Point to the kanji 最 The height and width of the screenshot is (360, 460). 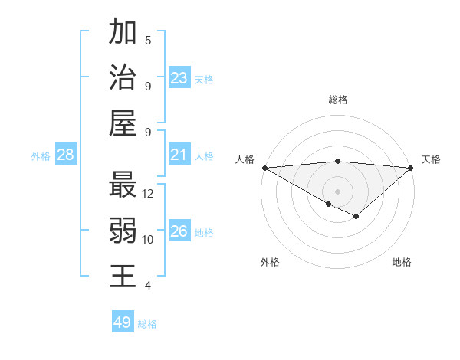123,185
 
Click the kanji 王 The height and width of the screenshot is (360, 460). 123,276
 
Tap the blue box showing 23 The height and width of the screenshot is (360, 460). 179,78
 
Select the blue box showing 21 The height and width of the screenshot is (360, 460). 179,155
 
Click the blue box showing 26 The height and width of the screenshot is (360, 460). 179,232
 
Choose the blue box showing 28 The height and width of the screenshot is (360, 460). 66,155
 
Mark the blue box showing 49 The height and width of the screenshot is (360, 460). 123,322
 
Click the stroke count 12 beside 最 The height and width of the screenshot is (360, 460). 148,194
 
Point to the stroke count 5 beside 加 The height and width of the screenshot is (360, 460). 148,41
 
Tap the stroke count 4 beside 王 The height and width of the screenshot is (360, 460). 148,286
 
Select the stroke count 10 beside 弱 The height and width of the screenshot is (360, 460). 148,240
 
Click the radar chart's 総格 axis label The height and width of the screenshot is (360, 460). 337,100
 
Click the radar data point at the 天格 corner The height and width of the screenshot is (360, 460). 411,168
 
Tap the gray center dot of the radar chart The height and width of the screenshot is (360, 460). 337,191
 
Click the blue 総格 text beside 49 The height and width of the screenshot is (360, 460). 147,324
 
